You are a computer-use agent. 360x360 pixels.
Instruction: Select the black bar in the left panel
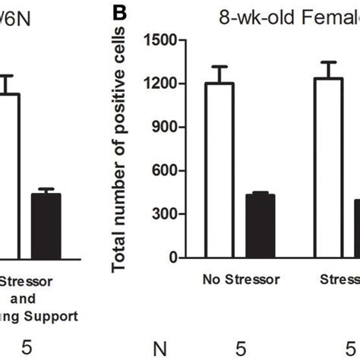(x=47, y=227)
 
